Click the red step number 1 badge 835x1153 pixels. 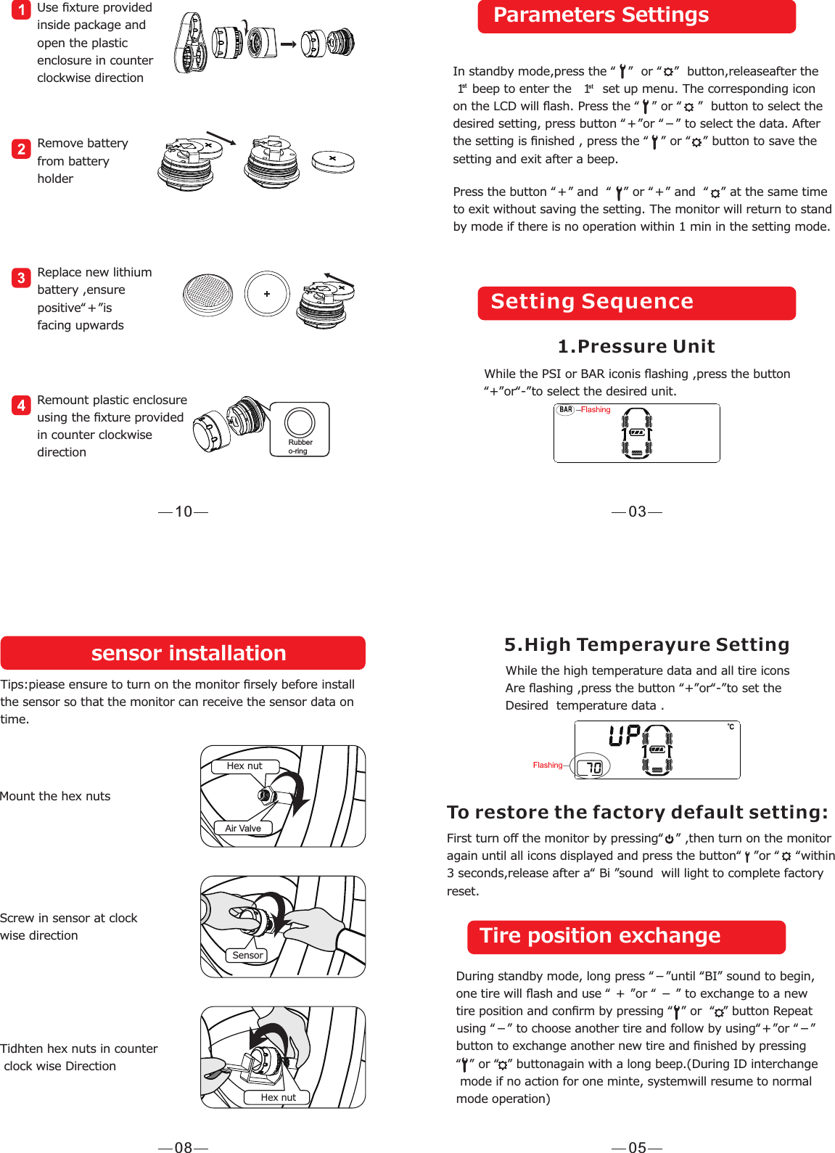click(x=21, y=9)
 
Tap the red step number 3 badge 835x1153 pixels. click(x=21, y=278)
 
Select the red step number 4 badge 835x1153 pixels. click(x=21, y=405)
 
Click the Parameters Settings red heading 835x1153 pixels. click(x=636, y=16)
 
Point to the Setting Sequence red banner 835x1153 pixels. click(x=636, y=303)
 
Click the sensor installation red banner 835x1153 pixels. click(x=183, y=653)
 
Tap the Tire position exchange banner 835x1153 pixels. click(x=626, y=937)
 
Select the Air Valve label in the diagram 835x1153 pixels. click(x=243, y=828)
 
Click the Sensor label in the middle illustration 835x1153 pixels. click(x=247, y=955)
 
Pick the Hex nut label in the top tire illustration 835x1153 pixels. click(x=244, y=766)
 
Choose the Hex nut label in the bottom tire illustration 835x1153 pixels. click(x=278, y=1097)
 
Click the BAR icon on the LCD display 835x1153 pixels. click(x=566, y=410)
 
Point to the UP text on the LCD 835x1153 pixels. click(x=625, y=736)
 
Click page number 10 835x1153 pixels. click(x=184, y=512)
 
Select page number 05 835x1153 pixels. click(x=637, y=1147)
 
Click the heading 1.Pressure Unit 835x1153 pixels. click(x=636, y=346)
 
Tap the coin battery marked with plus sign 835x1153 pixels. click(x=267, y=294)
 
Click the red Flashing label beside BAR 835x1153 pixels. click(x=596, y=410)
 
